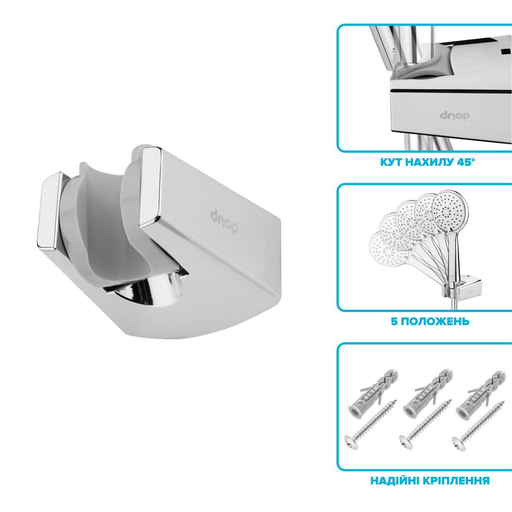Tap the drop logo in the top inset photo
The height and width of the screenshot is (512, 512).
(x=455, y=116)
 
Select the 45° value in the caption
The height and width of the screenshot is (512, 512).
(x=465, y=162)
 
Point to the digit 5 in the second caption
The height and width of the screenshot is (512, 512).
(x=394, y=321)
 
